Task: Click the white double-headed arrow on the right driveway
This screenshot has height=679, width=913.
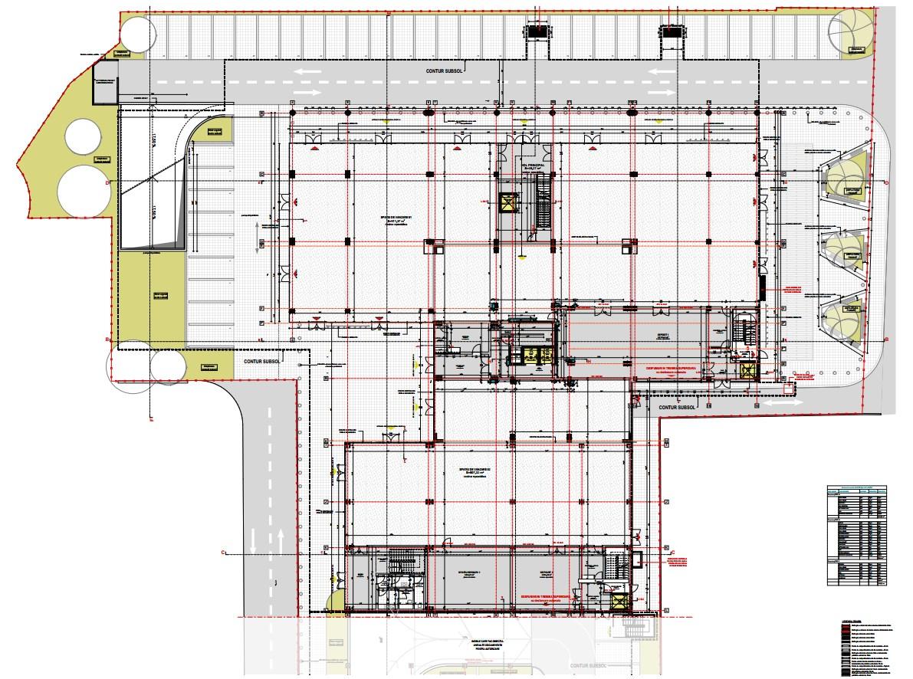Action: pyautogui.click(x=782, y=402)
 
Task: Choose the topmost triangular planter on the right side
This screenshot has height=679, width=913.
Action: pyautogui.click(x=843, y=181)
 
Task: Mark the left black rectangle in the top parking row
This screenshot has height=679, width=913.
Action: pyautogui.click(x=537, y=32)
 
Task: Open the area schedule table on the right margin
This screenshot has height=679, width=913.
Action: pyautogui.click(x=857, y=534)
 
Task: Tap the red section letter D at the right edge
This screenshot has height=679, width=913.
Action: pyautogui.click(x=885, y=183)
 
